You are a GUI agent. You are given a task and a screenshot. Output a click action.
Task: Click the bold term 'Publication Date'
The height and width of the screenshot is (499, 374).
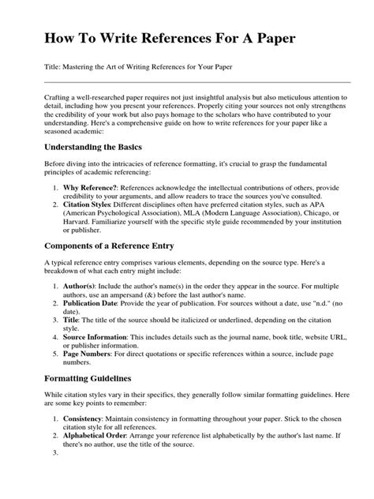94,303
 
